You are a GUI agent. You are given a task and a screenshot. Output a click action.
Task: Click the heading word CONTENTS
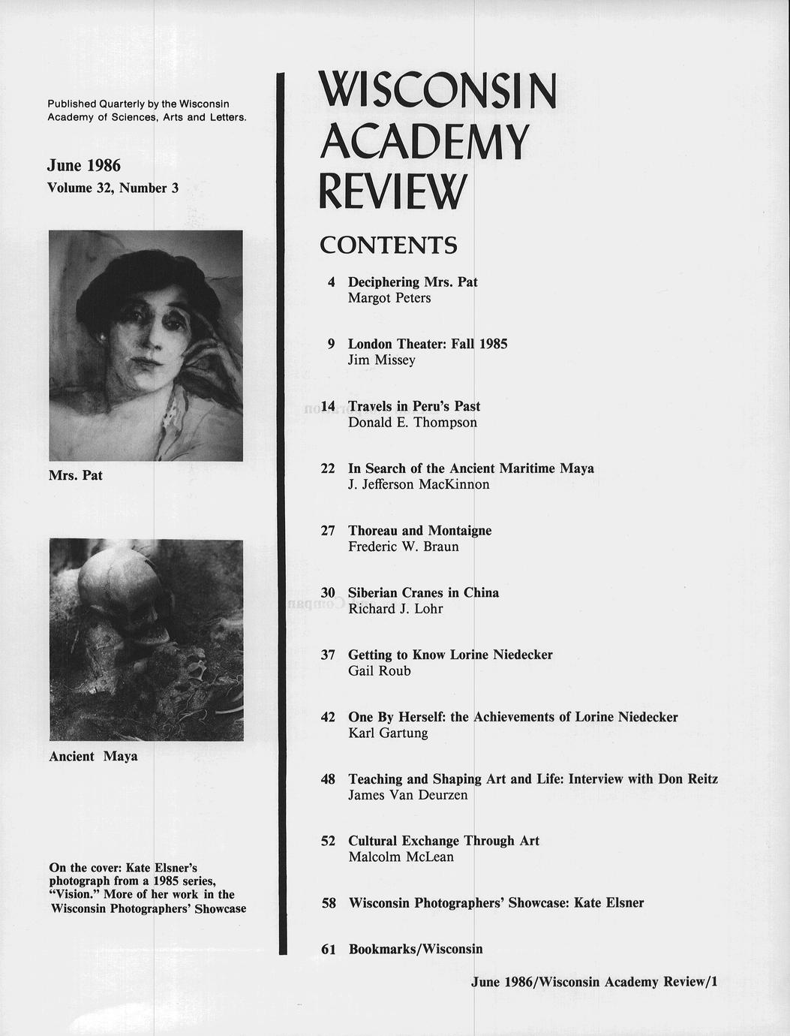point(388,245)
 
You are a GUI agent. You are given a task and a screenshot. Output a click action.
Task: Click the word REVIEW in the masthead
point(392,191)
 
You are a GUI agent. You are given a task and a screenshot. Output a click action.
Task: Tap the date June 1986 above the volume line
point(83,165)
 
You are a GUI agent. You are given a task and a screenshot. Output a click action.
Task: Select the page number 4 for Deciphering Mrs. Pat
point(331,282)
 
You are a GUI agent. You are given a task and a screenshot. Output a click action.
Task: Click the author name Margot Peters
point(389,299)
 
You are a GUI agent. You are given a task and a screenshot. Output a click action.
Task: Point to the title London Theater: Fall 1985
point(428,344)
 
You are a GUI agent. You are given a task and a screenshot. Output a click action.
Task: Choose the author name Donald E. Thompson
point(413,423)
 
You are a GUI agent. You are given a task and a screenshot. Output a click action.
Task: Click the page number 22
point(328,468)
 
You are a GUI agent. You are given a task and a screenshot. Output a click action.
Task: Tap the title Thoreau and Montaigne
point(419,531)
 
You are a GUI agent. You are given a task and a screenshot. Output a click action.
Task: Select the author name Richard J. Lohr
point(395,609)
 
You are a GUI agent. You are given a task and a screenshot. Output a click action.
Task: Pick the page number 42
point(328,717)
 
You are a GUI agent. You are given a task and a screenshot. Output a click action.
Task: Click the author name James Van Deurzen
point(408,795)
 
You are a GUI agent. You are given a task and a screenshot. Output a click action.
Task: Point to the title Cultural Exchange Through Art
point(443,841)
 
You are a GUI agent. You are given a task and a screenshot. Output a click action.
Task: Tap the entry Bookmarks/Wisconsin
point(416,949)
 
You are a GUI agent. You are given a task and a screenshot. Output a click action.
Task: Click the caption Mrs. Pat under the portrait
point(76,475)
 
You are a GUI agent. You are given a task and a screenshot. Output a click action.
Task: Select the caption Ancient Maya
point(93,756)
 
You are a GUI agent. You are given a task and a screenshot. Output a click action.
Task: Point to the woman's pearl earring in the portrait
point(101,339)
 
